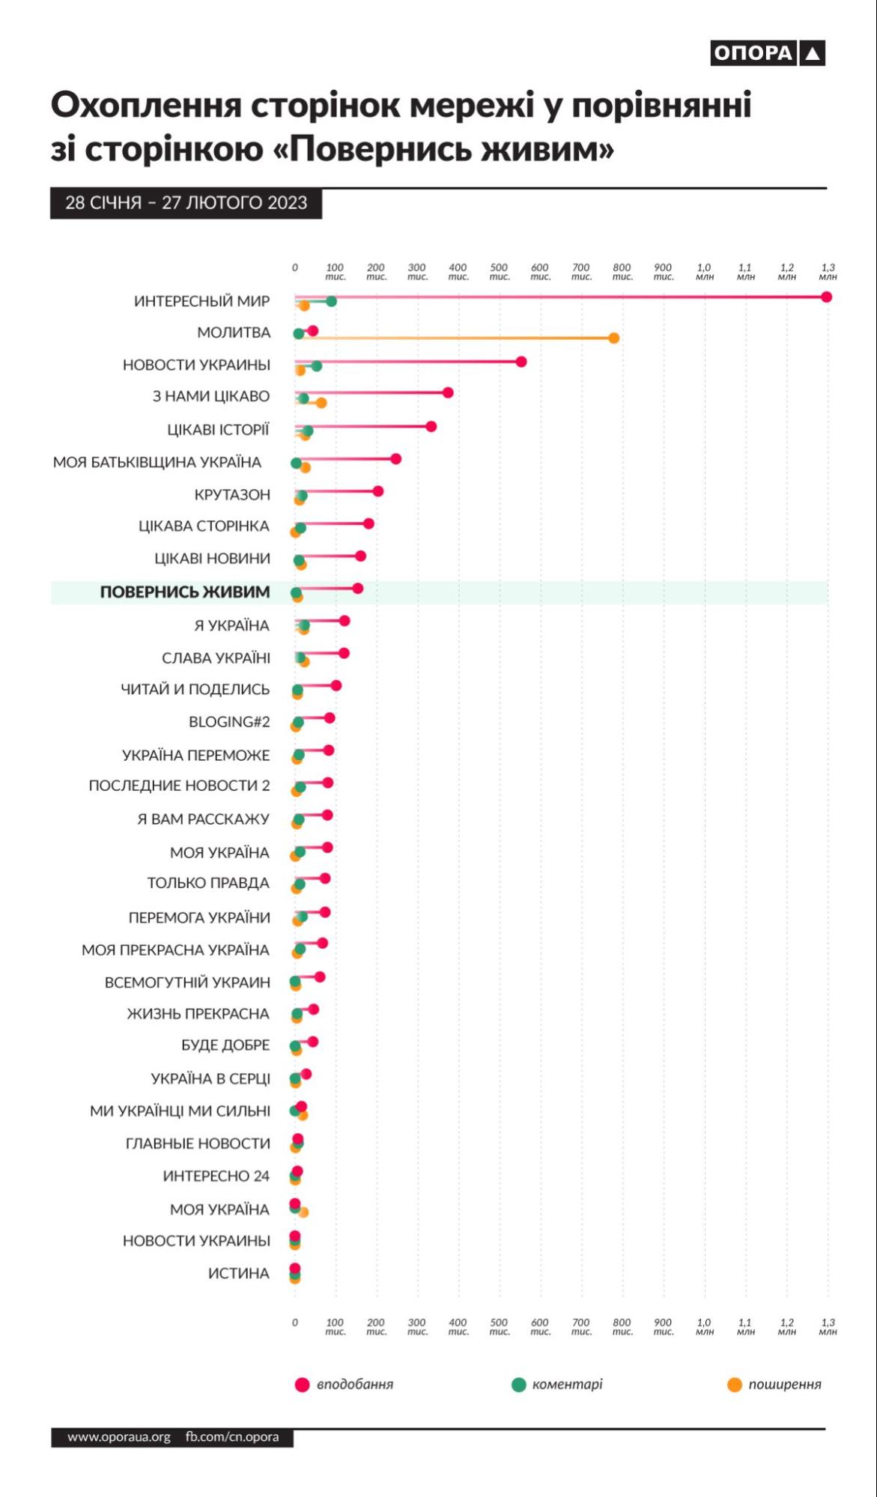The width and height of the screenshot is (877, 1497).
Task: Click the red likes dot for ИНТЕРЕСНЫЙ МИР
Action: point(826,297)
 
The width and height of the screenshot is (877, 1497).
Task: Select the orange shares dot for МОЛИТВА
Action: point(613,338)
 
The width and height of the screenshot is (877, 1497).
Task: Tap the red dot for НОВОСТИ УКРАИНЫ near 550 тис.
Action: point(521,362)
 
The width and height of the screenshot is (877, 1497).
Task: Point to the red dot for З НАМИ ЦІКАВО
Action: point(448,392)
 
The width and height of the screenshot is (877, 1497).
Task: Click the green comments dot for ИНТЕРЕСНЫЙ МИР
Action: point(331,301)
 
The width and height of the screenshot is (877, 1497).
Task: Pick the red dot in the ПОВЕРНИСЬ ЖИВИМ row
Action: point(357,589)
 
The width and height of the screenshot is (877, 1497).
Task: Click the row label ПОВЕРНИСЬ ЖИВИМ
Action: point(185,592)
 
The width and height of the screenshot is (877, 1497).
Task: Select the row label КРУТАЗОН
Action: point(231,495)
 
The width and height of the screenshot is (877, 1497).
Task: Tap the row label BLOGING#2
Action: point(229,722)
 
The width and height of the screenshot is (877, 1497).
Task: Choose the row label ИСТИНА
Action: point(238,1273)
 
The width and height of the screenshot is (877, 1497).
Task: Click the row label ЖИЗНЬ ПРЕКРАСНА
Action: point(198,1014)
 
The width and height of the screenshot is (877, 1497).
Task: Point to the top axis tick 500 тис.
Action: point(499,272)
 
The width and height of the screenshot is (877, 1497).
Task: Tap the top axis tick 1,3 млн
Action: point(828,272)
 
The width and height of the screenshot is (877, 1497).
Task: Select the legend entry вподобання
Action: point(354,1385)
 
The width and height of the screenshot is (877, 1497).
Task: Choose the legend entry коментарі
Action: point(567,1385)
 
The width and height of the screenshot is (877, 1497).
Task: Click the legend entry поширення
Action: point(784,1385)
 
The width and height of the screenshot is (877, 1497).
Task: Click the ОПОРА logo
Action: point(767,53)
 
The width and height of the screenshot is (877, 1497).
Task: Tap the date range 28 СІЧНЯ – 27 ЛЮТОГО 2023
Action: point(186,203)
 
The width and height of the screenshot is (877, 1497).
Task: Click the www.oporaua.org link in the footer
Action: point(119,1437)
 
